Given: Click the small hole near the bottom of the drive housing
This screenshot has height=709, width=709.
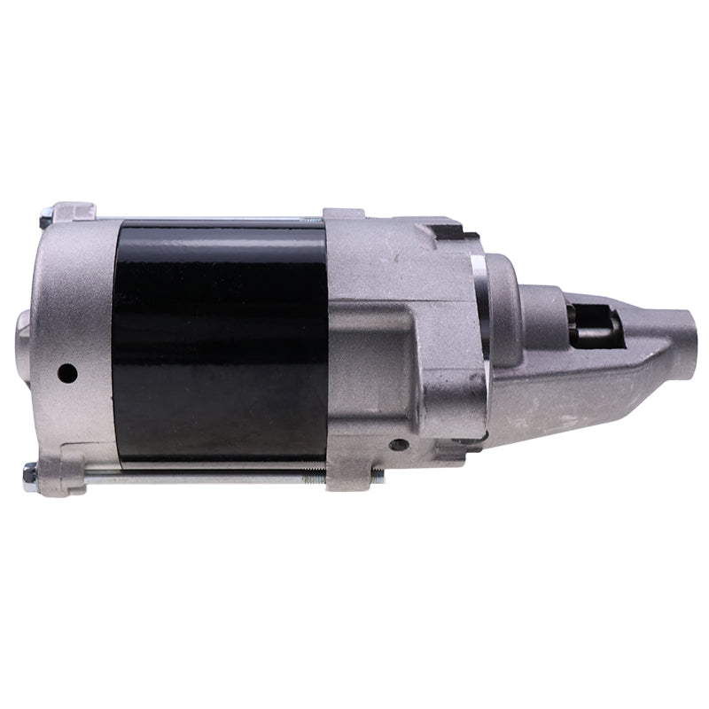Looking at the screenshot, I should point(400,444).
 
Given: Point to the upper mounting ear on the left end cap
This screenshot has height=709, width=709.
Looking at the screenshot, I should point(75,213).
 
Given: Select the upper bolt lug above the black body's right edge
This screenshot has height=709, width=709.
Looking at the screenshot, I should point(343,216).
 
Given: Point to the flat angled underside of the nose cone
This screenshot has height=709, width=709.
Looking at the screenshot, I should point(576,390).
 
